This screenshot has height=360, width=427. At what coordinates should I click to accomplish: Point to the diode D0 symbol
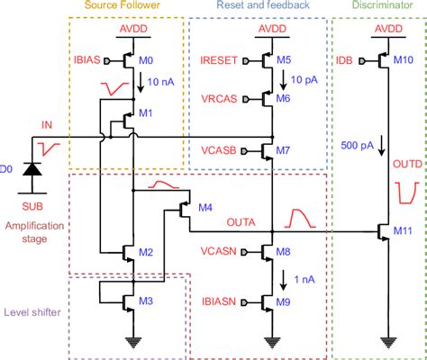pos(34,168)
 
